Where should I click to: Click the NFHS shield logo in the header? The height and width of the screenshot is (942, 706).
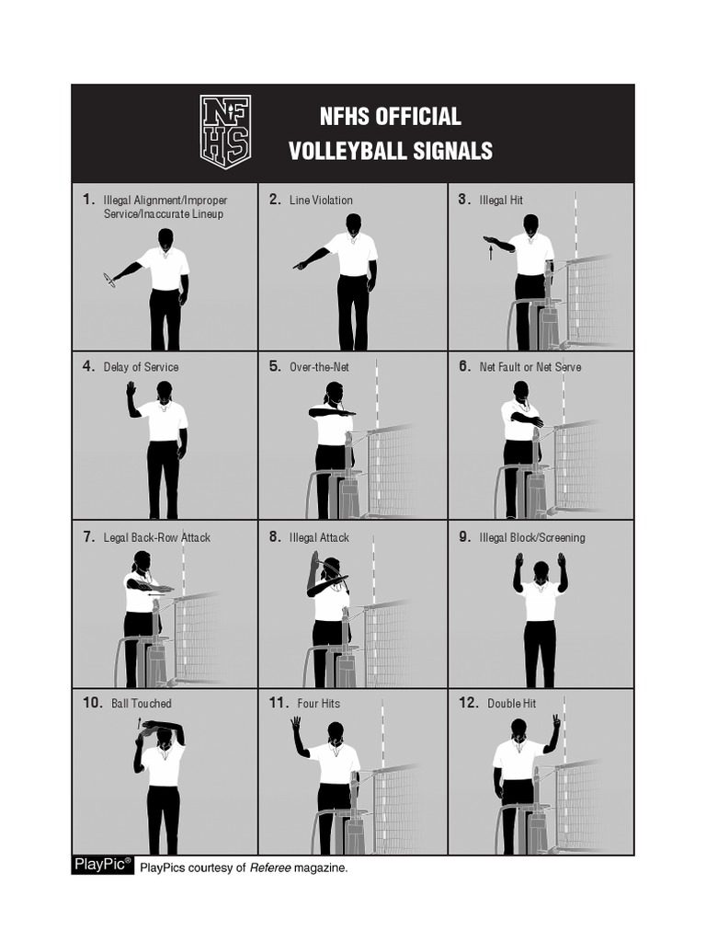[225, 132]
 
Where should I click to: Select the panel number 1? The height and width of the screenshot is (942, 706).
[88, 199]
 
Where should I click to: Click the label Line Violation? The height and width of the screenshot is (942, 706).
[321, 200]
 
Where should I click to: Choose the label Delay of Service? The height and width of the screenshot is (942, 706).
[141, 367]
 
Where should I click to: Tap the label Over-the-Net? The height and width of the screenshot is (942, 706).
[319, 367]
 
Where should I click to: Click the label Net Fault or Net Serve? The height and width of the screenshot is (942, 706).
[529, 367]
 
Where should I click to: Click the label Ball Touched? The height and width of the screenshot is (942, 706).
[141, 704]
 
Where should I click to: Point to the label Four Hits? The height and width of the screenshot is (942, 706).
[318, 704]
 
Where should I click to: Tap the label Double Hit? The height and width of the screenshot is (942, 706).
[511, 704]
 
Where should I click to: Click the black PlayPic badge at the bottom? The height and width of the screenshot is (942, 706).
[103, 865]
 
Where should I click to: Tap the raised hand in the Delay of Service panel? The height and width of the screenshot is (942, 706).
[131, 390]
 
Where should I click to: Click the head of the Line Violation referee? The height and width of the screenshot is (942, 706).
[353, 223]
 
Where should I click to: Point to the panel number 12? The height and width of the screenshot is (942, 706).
[468, 703]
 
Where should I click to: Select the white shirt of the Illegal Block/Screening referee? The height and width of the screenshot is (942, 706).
[541, 603]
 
